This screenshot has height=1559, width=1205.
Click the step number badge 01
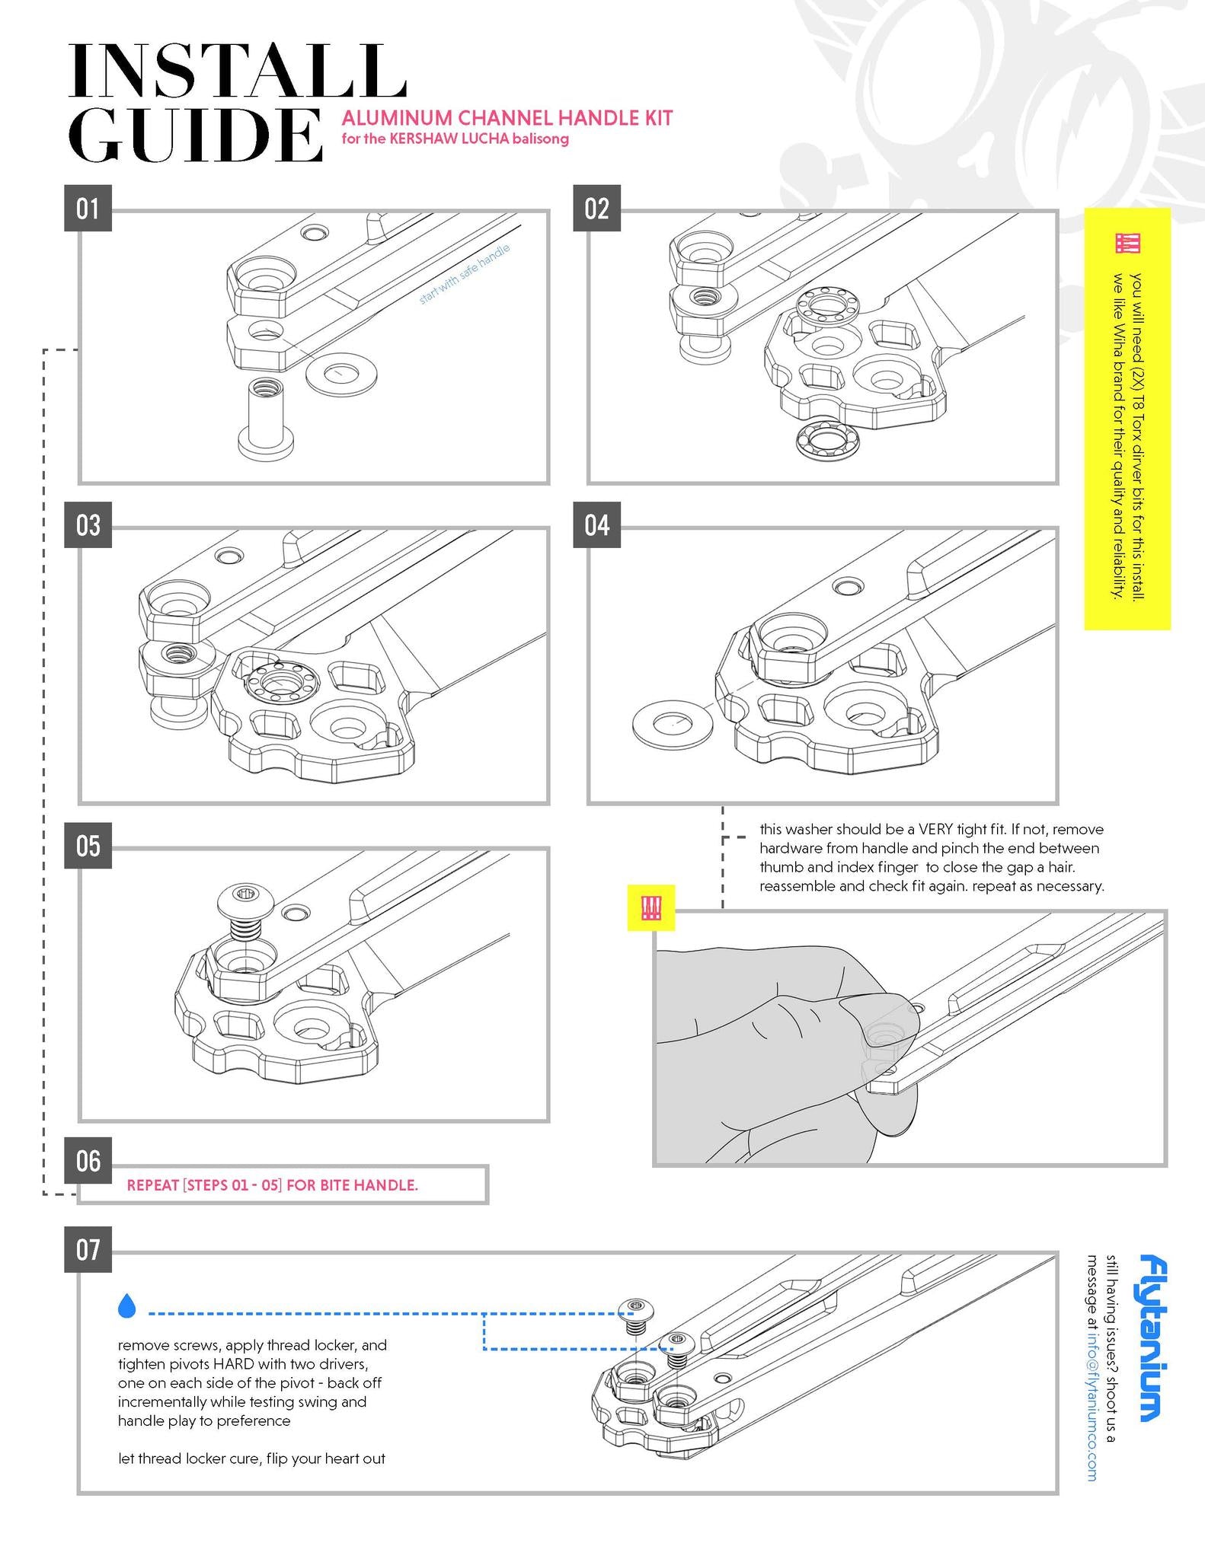[88, 208]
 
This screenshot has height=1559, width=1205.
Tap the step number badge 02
[596, 208]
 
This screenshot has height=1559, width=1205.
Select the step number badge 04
[596, 525]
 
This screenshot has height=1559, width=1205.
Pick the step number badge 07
[88, 1249]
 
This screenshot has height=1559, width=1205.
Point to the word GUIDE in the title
[194, 135]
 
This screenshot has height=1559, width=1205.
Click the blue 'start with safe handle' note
[464, 274]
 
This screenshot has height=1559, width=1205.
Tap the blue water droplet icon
[127, 1306]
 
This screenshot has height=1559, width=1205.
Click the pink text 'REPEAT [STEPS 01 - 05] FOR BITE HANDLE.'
[272, 1185]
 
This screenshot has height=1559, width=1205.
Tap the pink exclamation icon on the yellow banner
[1127, 243]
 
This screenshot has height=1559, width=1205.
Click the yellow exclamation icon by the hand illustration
[650, 907]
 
